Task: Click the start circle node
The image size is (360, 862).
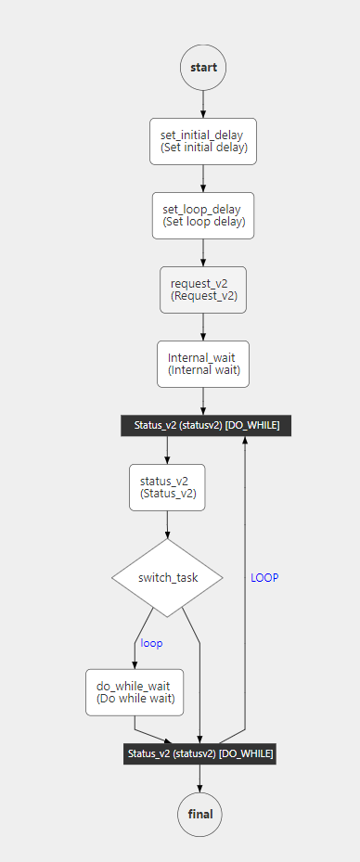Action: pos(203,68)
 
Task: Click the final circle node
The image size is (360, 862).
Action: pos(200,815)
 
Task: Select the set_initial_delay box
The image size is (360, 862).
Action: pos(203,141)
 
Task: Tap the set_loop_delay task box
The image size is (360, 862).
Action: pos(203,215)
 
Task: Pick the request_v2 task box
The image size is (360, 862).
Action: pos(203,289)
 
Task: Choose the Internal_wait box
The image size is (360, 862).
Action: pos(203,364)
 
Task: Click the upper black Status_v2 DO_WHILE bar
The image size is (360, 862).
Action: pos(205,425)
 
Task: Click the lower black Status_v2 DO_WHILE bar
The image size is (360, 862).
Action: pos(199,753)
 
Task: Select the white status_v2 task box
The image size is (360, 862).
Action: pos(167,487)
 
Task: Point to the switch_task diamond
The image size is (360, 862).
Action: pos(168,578)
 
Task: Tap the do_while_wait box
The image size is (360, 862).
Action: pos(135,692)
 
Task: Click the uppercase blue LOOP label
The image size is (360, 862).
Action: pos(264,577)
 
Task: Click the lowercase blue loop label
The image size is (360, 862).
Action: pos(151,643)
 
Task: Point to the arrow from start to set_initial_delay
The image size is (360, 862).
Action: pos(203,104)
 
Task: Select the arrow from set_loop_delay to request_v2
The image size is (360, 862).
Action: pos(203,252)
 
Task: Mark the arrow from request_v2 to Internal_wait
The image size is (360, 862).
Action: pos(203,327)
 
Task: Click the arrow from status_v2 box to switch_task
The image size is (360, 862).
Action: pos(167,525)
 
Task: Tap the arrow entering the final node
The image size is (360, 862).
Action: pos(199,779)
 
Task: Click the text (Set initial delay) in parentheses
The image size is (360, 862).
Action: pos(203,148)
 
